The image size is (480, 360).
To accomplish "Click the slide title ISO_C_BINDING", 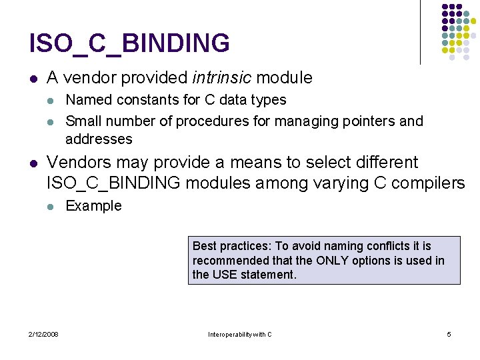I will [x=129, y=43].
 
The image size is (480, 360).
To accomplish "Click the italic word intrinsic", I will [x=221, y=78].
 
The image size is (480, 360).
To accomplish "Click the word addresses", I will [x=99, y=139].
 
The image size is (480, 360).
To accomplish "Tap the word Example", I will [x=93, y=206].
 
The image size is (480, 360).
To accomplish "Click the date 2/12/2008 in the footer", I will [x=43, y=334].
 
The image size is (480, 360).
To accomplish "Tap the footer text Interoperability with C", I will [x=240, y=334].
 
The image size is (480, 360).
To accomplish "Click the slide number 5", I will [x=449, y=334].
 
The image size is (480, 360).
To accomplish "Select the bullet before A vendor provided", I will [x=33, y=79].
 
